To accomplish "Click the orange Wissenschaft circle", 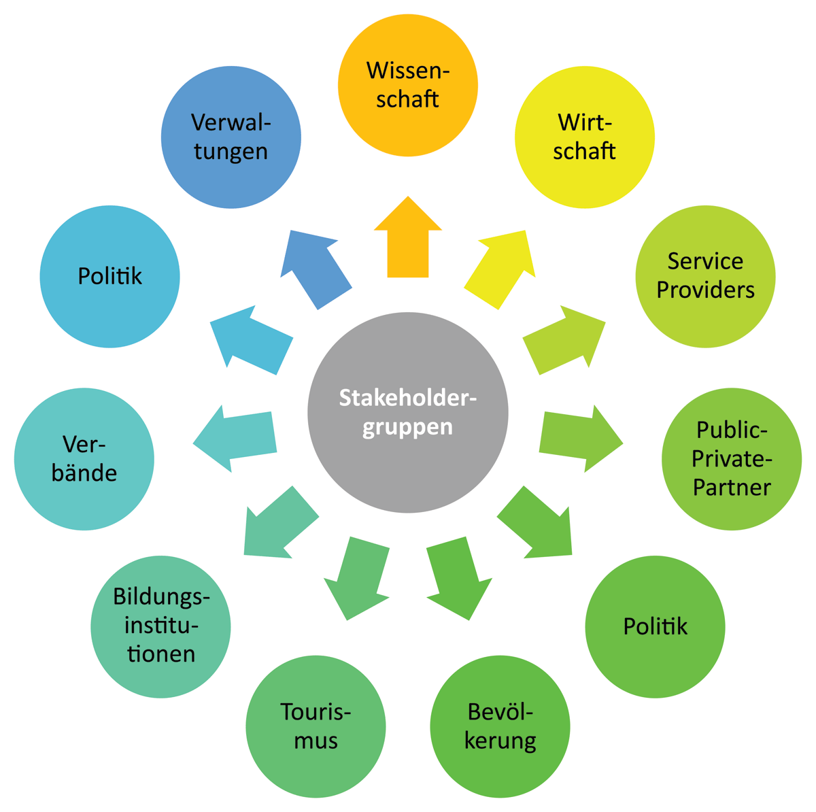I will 408,85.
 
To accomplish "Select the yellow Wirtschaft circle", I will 585,137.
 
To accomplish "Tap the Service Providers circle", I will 705,276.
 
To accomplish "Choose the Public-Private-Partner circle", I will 732,459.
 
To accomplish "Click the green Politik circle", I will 655,626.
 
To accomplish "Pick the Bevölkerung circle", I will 500,726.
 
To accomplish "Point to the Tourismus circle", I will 316,726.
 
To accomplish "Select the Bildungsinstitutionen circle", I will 161,626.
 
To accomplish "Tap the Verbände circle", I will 84,459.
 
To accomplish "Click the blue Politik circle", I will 110,276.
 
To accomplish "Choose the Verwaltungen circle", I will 231,137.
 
